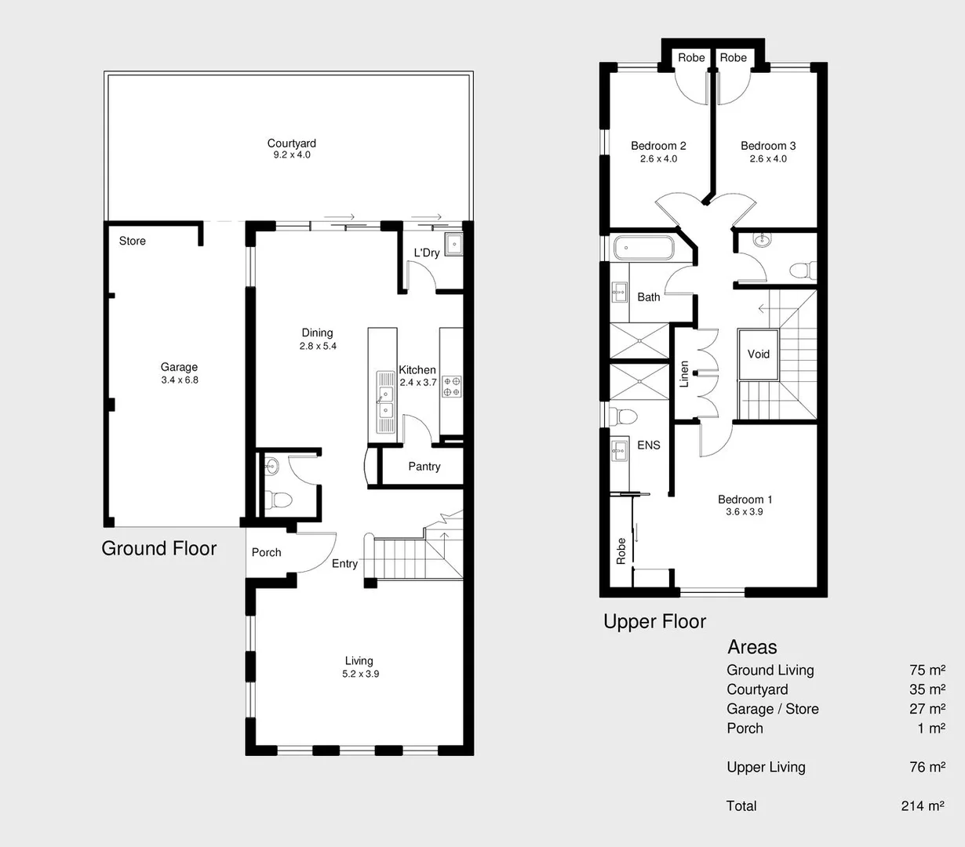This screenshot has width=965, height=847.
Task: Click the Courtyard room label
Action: (x=291, y=144)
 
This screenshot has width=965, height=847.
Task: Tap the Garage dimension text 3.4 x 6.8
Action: (x=180, y=380)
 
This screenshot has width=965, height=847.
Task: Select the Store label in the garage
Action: (x=132, y=241)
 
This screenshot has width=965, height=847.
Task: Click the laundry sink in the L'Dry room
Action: (x=453, y=245)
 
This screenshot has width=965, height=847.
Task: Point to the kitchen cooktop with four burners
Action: (x=452, y=386)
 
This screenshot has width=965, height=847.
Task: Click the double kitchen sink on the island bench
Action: (x=385, y=402)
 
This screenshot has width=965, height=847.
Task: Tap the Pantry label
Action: (x=424, y=467)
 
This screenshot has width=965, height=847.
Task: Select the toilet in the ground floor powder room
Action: (x=278, y=499)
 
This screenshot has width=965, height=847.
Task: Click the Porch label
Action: (x=266, y=552)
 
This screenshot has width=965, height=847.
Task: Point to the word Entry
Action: (x=344, y=564)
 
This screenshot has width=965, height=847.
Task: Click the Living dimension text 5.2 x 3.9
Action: (x=360, y=674)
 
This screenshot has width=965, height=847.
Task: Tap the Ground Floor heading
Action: (x=159, y=548)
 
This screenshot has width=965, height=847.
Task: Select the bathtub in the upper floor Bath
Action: (x=643, y=249)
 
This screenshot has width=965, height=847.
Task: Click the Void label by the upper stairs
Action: (x=758, y=354)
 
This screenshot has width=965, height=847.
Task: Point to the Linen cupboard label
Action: (x=684, y=374)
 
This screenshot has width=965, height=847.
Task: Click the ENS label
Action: (x=648, y=445)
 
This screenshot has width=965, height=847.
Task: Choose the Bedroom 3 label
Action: (x=767, y=146)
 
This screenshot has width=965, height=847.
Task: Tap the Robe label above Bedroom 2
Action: (x=691, y=57)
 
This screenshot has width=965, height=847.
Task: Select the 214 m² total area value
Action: (x=923, y=805)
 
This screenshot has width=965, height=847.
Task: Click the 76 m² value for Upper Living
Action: (x=927, y=767)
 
